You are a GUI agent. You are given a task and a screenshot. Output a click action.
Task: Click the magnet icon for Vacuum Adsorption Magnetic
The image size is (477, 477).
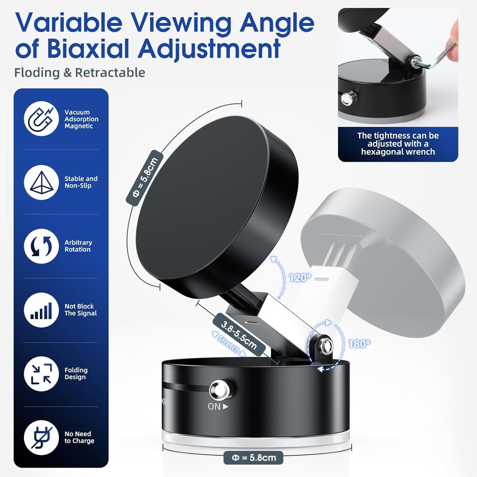[41, 119]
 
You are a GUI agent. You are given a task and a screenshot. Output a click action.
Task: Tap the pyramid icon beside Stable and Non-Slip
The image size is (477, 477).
[41, 182]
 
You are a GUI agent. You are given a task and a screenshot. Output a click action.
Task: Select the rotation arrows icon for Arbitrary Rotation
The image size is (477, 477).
[41, 246]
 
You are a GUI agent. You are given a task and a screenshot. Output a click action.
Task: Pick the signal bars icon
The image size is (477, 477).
[41, 310]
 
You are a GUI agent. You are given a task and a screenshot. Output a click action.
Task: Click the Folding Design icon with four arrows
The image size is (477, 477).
[41, 374]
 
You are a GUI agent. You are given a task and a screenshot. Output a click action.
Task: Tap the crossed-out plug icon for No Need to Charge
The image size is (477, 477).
[41, 438]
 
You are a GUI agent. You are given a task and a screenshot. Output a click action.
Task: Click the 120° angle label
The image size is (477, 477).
[300, 278]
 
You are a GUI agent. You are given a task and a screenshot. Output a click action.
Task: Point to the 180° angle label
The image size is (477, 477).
[359, 344]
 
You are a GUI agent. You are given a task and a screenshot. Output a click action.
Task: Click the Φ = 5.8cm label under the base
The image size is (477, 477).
[253, 458]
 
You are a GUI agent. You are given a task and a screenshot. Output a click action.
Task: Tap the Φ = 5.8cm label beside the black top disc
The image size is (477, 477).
[145, 178]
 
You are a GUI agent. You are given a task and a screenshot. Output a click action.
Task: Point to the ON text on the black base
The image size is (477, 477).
[214, 406]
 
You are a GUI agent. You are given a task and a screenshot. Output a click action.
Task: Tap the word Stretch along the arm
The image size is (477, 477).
[229, 344]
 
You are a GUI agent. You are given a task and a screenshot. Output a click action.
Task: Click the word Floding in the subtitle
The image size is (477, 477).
[37, 73]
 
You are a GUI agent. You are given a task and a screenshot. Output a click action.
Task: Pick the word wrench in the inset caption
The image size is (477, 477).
[420, 152]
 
